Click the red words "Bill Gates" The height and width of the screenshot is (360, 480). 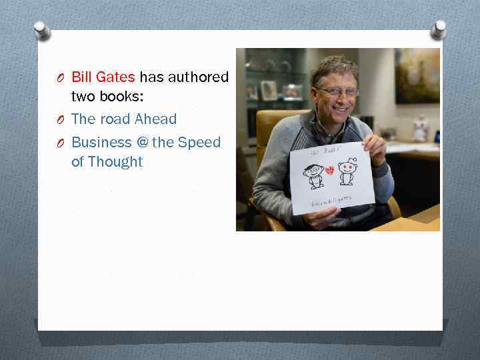coord(103,77)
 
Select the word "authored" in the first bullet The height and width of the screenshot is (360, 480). coord(198,77)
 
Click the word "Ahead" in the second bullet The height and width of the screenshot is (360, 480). coord(155,119)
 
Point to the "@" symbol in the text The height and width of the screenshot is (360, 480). coord(141,142)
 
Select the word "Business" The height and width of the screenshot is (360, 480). coord(101,142)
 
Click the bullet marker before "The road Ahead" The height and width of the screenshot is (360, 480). coord(60,120)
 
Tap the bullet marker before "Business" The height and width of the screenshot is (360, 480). coord(60,143)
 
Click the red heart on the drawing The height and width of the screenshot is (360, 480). coord(329,171)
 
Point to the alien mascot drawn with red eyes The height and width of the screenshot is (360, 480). coord(347,171)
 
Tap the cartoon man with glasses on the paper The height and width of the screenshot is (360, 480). coord(313,175)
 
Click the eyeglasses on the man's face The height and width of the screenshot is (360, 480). coord(337,92)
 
